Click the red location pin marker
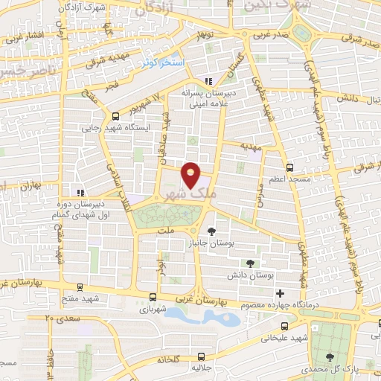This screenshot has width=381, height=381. (x=191, y=175)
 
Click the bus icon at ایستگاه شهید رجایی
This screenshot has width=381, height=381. (x=115, y=116)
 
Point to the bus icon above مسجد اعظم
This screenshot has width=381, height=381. (x=290, y=167)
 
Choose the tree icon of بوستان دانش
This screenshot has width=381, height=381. (x=250, y=263)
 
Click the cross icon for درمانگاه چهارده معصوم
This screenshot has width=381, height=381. (x=280, y=294)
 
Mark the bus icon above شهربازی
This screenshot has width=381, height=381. (x=153, y=295)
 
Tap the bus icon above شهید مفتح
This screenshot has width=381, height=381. (x=80, y=286)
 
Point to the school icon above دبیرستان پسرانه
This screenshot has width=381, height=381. (x=209, y=81)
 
